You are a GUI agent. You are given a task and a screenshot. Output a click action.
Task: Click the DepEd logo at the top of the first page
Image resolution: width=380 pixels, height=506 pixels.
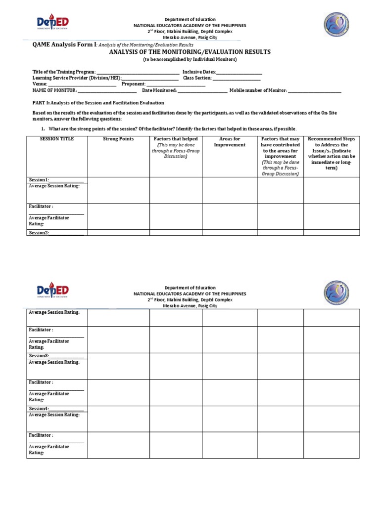[x=52, y=23]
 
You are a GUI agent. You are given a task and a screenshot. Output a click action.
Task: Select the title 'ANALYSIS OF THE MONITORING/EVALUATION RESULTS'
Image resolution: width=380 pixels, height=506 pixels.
[x=190, y=52]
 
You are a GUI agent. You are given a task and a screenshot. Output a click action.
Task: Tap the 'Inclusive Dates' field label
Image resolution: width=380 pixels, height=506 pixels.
[x=199, y=72]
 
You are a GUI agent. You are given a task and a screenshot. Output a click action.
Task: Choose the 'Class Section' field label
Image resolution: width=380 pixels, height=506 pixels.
[x=197, y=78]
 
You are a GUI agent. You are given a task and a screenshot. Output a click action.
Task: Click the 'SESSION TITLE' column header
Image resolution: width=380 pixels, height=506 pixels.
[x=57, y=139]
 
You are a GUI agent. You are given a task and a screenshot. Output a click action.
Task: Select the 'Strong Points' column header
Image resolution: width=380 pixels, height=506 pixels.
[x=118, y=139]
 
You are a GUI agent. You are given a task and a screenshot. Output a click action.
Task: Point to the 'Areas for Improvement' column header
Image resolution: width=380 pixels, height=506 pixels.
[x=229, y=142]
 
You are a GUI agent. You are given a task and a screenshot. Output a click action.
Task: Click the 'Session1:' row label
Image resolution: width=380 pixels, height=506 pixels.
[x=39, y=180]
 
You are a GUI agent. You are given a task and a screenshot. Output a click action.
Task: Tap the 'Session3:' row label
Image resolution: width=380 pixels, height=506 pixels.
[x=39, y=356]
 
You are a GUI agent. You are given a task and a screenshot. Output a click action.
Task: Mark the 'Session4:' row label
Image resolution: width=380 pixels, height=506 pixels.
[x=39, y=409]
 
